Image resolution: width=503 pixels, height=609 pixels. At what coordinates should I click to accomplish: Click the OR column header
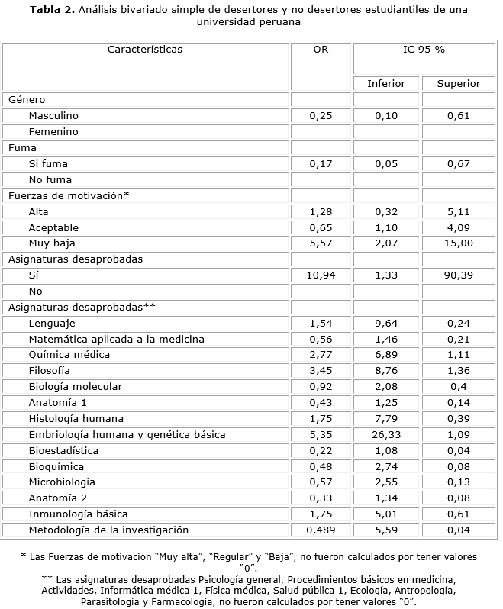[x=321, y=50]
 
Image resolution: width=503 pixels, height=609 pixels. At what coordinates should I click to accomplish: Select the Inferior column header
[x=386, y=83]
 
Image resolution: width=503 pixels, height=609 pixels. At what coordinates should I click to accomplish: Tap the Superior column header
[x=458, y=83]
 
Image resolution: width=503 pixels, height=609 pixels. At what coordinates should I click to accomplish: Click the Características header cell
[x=145, y=50]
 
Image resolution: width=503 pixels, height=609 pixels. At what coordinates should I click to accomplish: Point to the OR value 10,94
[x=321, y=275]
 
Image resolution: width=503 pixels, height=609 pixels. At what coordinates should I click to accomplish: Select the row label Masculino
[x=53, y=116]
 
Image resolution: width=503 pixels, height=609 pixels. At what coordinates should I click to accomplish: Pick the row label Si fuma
[x=48, y=163]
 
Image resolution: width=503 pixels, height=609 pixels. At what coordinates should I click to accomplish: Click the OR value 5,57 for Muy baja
[x=321, y=243]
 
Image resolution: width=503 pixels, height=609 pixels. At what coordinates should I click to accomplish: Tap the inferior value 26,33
[x=386, y=434]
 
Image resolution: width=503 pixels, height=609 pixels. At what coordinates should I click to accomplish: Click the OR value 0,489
[x=321, y=530]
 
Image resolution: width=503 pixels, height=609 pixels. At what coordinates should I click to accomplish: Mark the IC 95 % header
[x=424, y=50]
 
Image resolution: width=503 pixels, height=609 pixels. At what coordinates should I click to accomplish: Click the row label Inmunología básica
[x=78, y=514]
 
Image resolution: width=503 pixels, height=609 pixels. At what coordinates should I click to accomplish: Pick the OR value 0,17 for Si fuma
[x=321, y=163]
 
